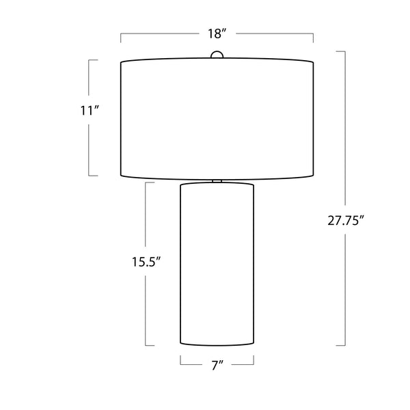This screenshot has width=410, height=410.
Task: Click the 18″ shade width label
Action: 217,33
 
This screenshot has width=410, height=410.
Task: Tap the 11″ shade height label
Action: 90,111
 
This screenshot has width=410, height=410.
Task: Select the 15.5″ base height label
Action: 146,262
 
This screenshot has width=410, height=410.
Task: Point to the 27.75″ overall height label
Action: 346,221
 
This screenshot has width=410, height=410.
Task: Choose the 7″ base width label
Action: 217,366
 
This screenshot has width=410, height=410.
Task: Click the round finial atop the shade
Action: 217,55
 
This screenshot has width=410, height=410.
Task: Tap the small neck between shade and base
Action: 217,181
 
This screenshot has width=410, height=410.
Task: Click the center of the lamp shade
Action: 217,119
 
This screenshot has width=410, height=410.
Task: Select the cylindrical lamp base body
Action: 217,264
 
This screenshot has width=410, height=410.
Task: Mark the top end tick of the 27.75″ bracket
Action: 341,51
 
